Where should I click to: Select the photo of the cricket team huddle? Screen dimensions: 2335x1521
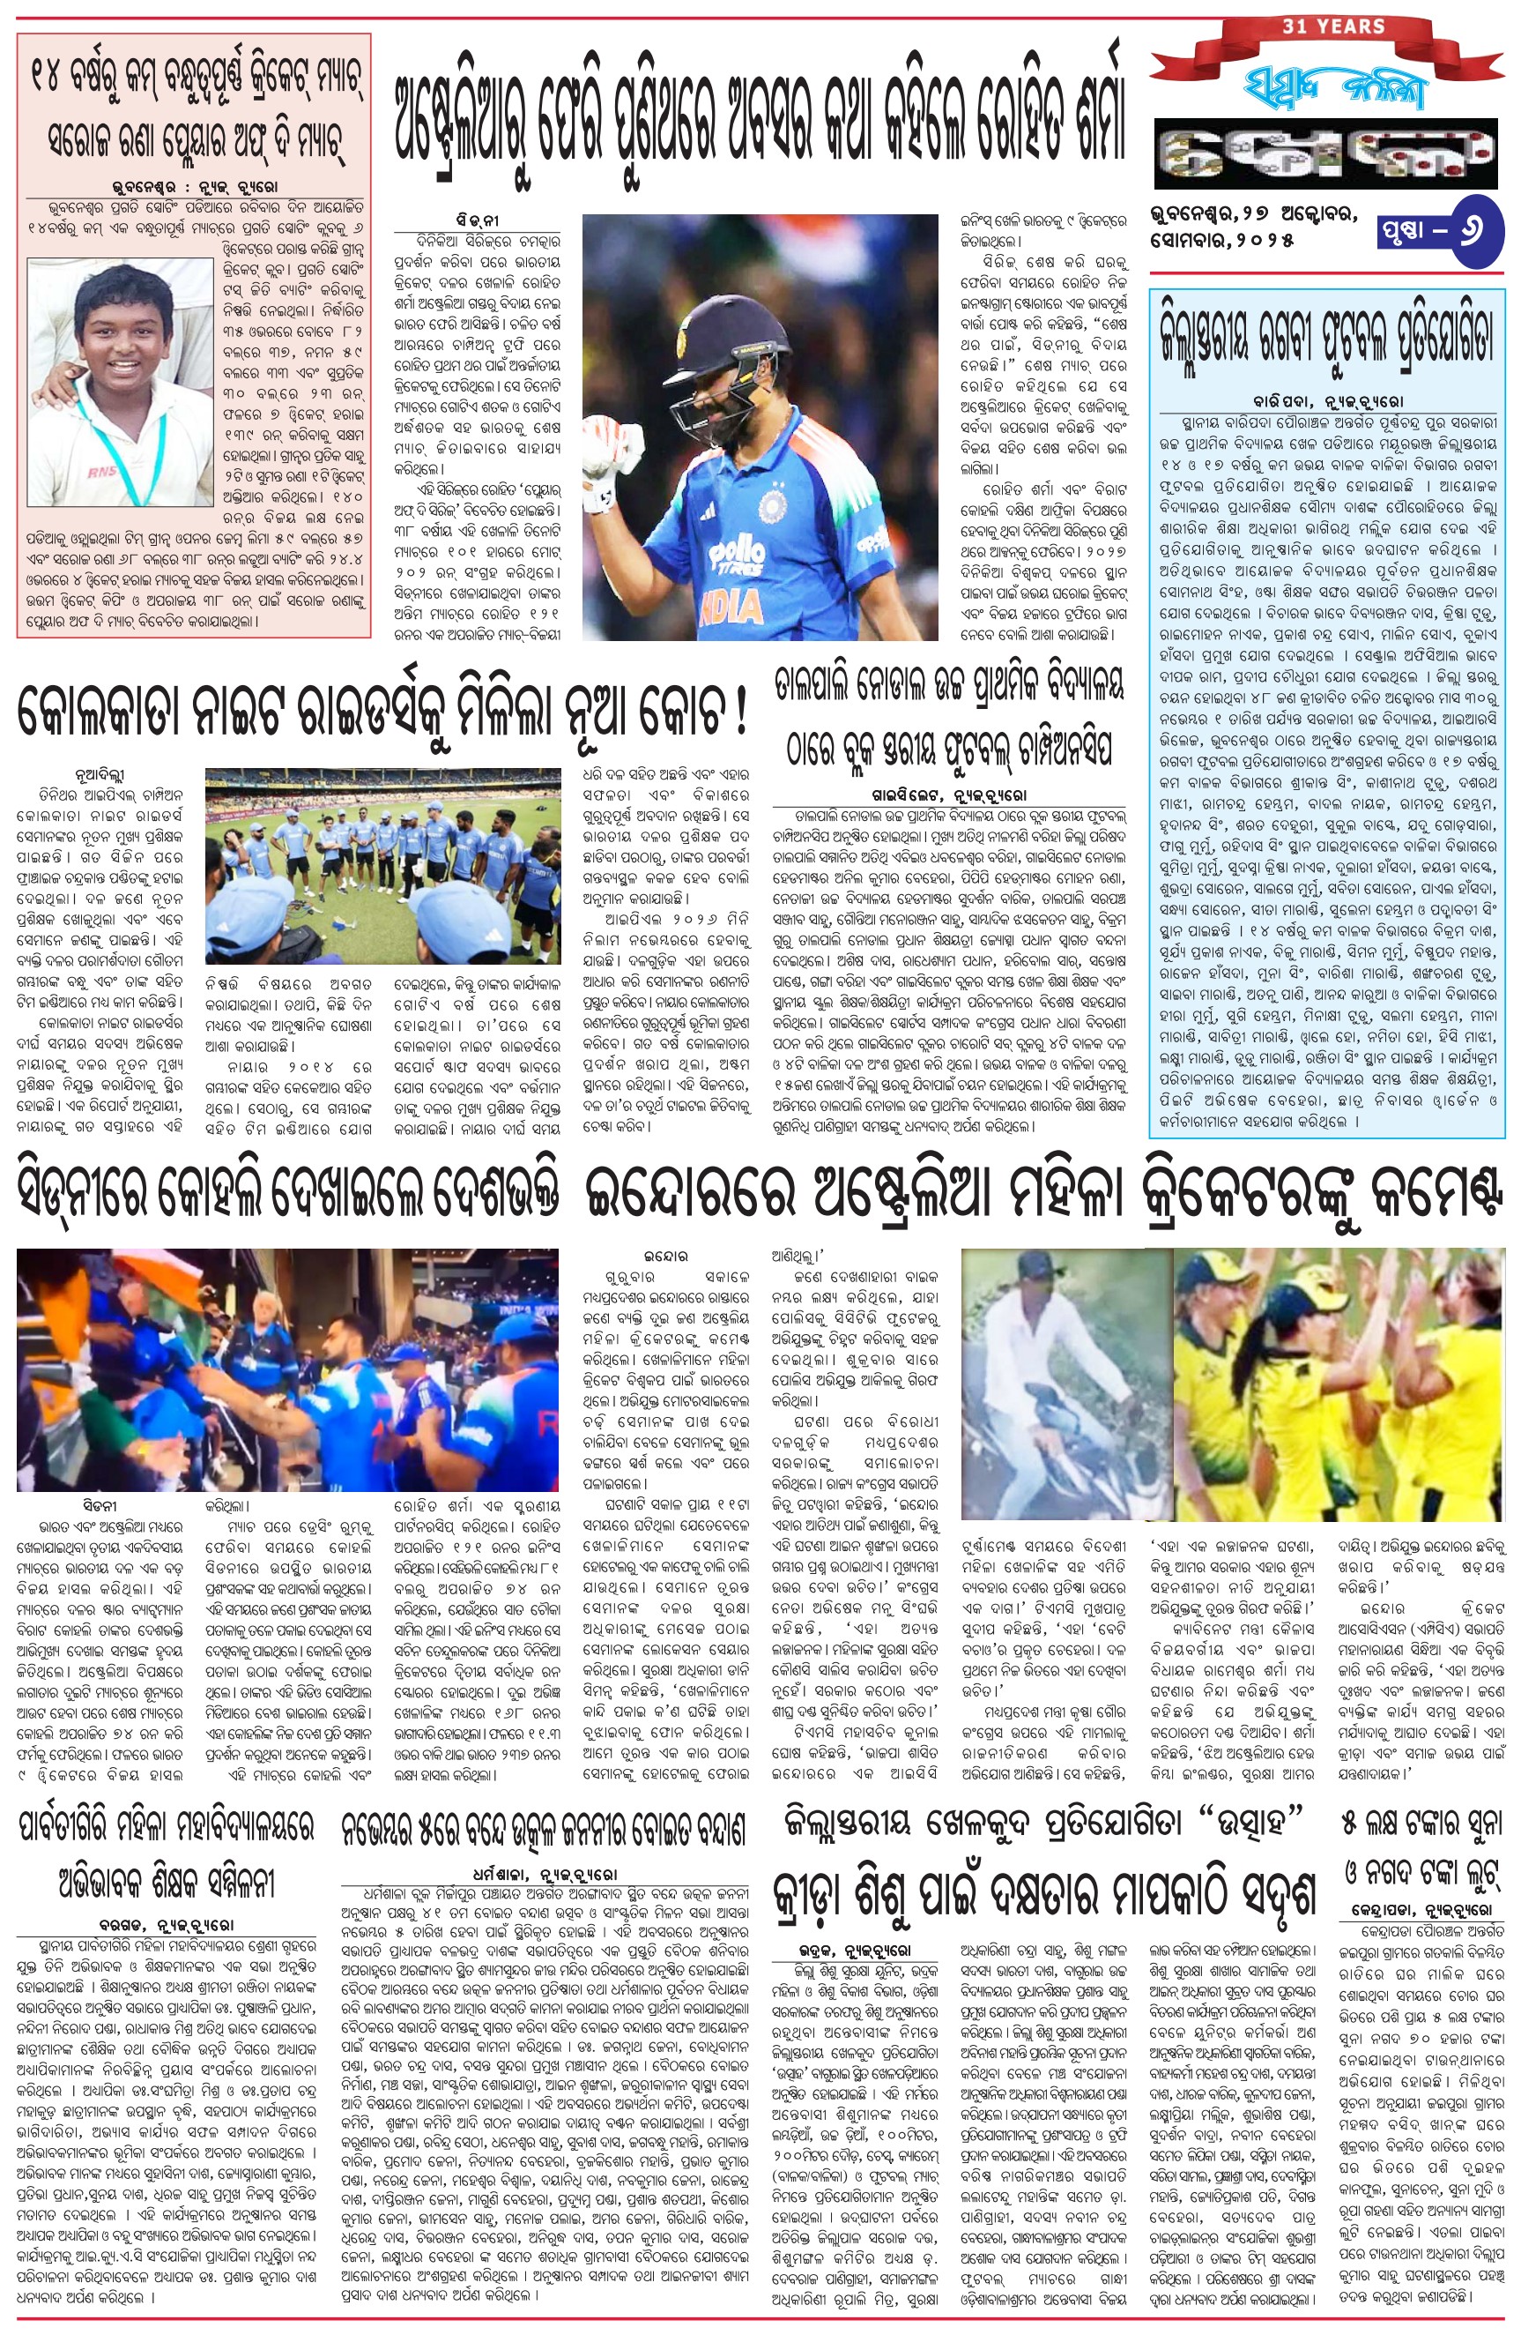[x=382, y=866]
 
